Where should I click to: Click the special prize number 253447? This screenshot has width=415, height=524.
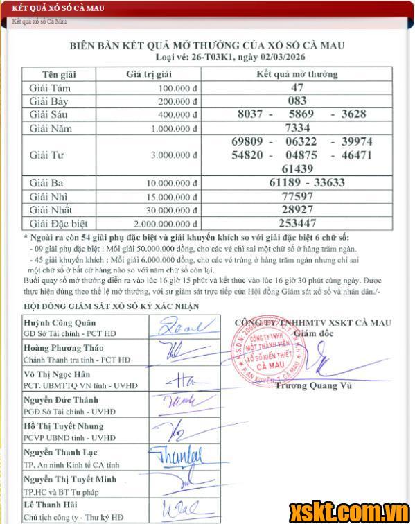point(297,223)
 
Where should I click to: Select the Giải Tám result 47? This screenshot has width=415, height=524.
point(297,88)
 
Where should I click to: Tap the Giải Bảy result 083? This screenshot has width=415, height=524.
point(297,101)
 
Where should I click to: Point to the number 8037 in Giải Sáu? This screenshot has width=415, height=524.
point(250,114)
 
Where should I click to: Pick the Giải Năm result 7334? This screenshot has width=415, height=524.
point(297,128)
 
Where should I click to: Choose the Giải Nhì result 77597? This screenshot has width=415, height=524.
point(297,196)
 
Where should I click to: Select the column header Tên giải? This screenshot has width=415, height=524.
point(60,74)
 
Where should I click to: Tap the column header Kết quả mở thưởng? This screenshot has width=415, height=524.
point(297,74)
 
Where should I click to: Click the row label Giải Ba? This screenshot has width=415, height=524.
point(48,183)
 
